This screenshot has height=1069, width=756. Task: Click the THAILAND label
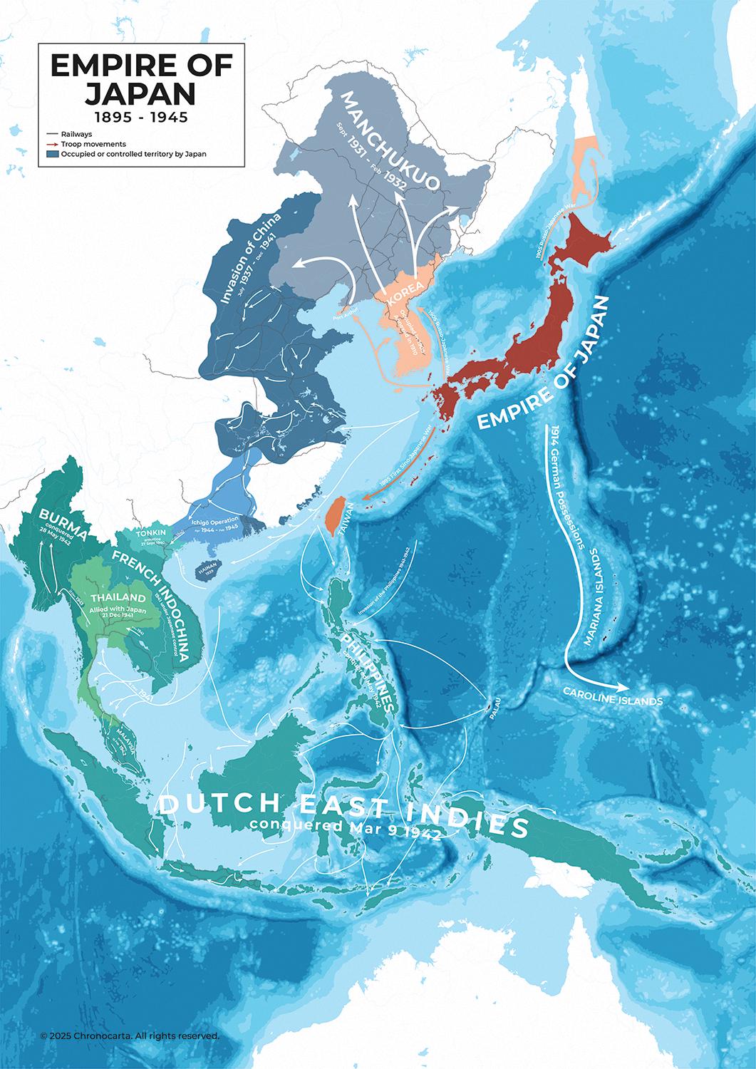point(118,597)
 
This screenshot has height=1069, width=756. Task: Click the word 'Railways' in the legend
point(76,133)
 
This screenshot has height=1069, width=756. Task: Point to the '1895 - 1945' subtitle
point(141,116)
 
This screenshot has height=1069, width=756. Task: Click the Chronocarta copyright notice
point(130,1035)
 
